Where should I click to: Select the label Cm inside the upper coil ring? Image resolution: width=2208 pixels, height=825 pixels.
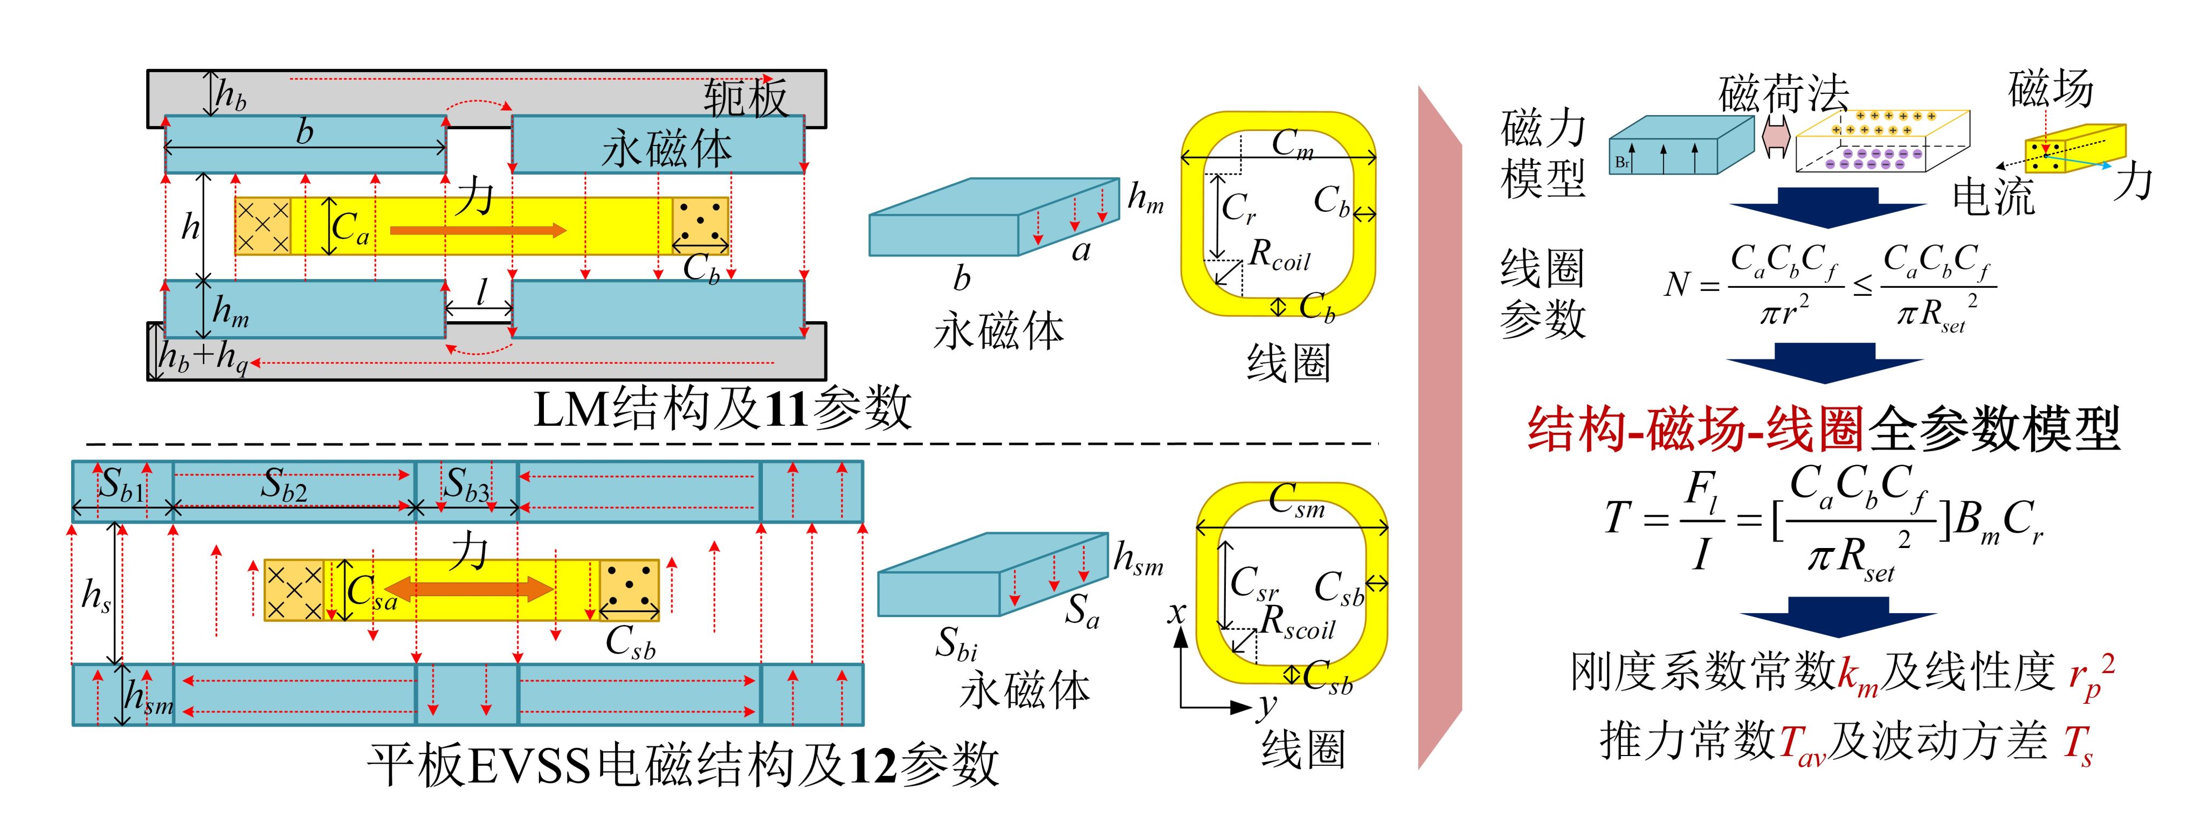point(1293,143)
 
